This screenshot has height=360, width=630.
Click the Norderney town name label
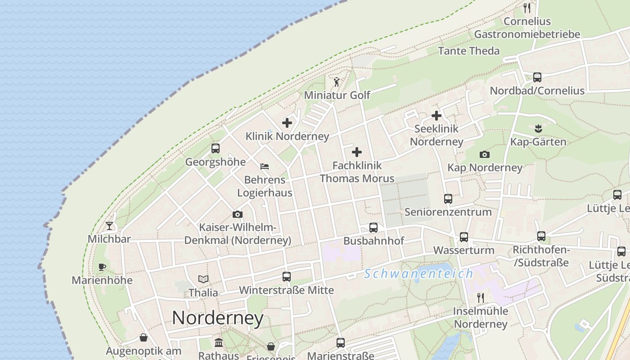pos(218,318)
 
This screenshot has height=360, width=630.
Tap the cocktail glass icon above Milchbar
pos(109,225)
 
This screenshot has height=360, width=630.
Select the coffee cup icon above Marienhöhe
pos(102,267)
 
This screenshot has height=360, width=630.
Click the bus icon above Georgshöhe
pos(216,148)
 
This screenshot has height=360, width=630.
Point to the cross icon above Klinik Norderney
pos(287,122)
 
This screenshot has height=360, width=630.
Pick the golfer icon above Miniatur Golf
pos(337,82)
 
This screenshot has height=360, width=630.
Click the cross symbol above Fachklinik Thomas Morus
pos(357,152)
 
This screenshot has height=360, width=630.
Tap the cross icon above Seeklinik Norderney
pos(436,116)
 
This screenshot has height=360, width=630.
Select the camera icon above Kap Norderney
pos(485,154)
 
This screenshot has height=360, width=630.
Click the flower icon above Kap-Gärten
pos(538,129)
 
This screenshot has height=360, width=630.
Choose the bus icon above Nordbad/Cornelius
pos(537,77)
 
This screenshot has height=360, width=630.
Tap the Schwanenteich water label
pos(418,274)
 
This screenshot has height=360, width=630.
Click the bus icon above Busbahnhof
pos(373,227)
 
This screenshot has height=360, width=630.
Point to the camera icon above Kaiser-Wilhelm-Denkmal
pos(238,214)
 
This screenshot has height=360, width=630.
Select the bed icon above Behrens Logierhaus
pos(265,166)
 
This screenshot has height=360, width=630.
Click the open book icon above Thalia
pos(203,279)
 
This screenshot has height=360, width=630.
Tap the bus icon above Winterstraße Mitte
pos(286,276)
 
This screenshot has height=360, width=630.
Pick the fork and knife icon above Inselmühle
pos(481,297)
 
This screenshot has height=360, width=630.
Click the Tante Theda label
pos(468,51)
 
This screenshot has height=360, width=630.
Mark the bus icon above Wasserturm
pos(463,237)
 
